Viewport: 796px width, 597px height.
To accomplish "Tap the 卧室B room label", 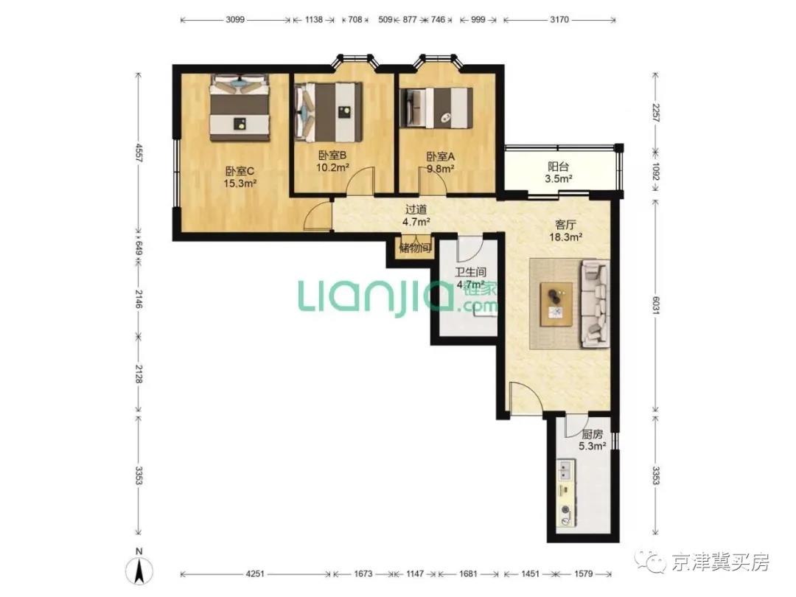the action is pyautogui.click(x=332, y=156).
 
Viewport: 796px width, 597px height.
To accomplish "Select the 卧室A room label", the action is pyautogui.click(x=440, y=157).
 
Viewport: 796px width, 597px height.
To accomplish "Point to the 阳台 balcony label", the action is pyautogui.click(x=559, y=167).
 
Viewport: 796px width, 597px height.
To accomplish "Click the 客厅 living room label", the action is pyautogui.click(x=565, y=224).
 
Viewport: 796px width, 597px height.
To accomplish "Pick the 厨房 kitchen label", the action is pyautogui.click(x=593, y=435).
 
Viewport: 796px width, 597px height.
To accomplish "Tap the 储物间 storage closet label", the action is pyautogui.click(x=415, y=248).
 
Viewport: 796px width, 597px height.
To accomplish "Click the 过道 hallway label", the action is pyautogui.click(x=416, y=209).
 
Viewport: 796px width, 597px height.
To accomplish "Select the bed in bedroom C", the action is pyautogui.click(x=240, y=108).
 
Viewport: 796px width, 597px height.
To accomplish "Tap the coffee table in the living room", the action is pyautogui.click(x=556, y=304).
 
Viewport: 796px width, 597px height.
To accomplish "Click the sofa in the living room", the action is pyautogui.click(x=595, y=304).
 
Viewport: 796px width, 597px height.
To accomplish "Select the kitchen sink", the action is pyautogui.click(x=565, y=470).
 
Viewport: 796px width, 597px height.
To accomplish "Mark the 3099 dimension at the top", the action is pyautogui.click(x=235, y=20).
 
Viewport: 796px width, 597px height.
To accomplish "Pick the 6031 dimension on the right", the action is pyautogui.click(x=655, y=305).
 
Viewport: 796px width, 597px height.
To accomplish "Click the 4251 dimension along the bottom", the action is pyautogui.click(x=255, y=573).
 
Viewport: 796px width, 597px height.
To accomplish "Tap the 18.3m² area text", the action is pyautogui.click(x=565, y=237).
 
